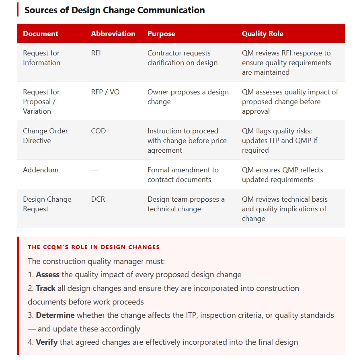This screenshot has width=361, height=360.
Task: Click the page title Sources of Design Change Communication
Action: [115, 10]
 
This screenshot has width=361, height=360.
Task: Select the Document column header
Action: [41, 34]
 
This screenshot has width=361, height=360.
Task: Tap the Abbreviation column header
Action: [113, 34]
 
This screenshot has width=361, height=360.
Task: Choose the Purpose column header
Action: [161, 34]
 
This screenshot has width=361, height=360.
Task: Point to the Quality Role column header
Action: [263, 34]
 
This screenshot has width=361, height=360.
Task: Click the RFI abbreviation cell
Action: [96, 53]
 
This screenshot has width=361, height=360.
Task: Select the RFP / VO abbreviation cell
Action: [105, 92]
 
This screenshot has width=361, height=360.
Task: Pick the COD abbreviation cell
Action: [98, 131]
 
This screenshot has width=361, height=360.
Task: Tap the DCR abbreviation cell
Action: [98, 199]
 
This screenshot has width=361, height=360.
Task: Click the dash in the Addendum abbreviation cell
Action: [94, 170]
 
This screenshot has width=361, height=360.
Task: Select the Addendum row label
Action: [41, 170]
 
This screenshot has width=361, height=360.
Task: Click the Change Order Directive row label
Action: [45, 136]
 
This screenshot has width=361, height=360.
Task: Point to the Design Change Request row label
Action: [47, 204]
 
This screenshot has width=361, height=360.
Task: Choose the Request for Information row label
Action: [41, 58]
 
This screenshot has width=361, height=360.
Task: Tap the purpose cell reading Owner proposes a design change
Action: [188, 97]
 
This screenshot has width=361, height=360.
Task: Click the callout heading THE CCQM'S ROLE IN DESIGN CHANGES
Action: [94, 247]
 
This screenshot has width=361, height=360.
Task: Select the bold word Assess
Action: [47, 275]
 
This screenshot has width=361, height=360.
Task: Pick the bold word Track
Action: [45, 288]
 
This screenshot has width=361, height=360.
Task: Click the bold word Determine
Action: [56, 315]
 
